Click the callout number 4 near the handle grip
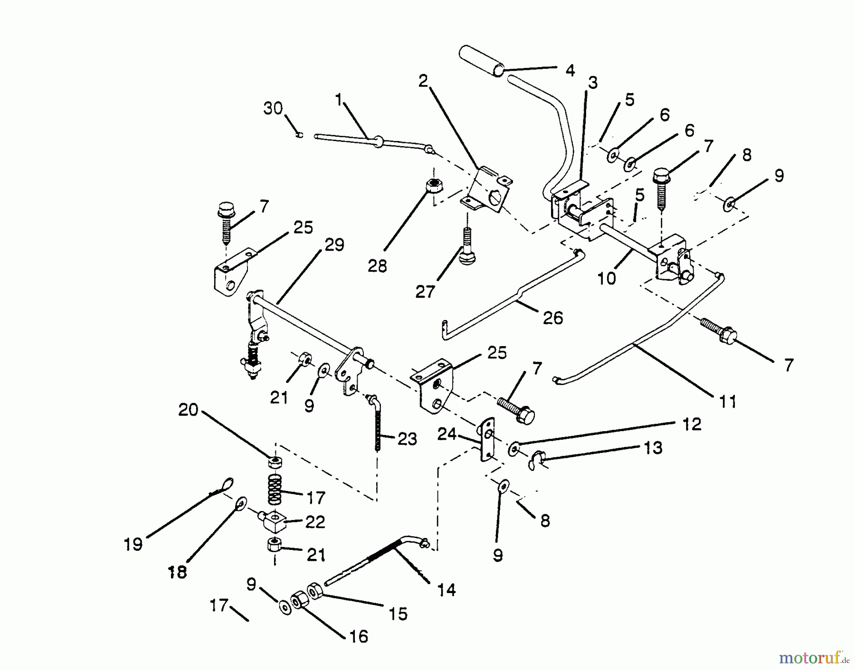click(570, 70)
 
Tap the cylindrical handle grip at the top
click(481, 60)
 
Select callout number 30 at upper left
click(273, 109)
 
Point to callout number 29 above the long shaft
click(334, 245)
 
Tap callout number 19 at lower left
click(133, 544)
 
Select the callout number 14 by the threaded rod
click(446, 590)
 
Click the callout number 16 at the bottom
click(359, 636)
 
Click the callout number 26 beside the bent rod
click(553, 318)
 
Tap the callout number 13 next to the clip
click(653, 447)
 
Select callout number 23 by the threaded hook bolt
click(407, 439)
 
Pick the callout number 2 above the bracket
click(423, 81)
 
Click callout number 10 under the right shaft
click(606, 278)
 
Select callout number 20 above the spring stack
click(188, 409)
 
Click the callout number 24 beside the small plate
click(447, 434)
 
